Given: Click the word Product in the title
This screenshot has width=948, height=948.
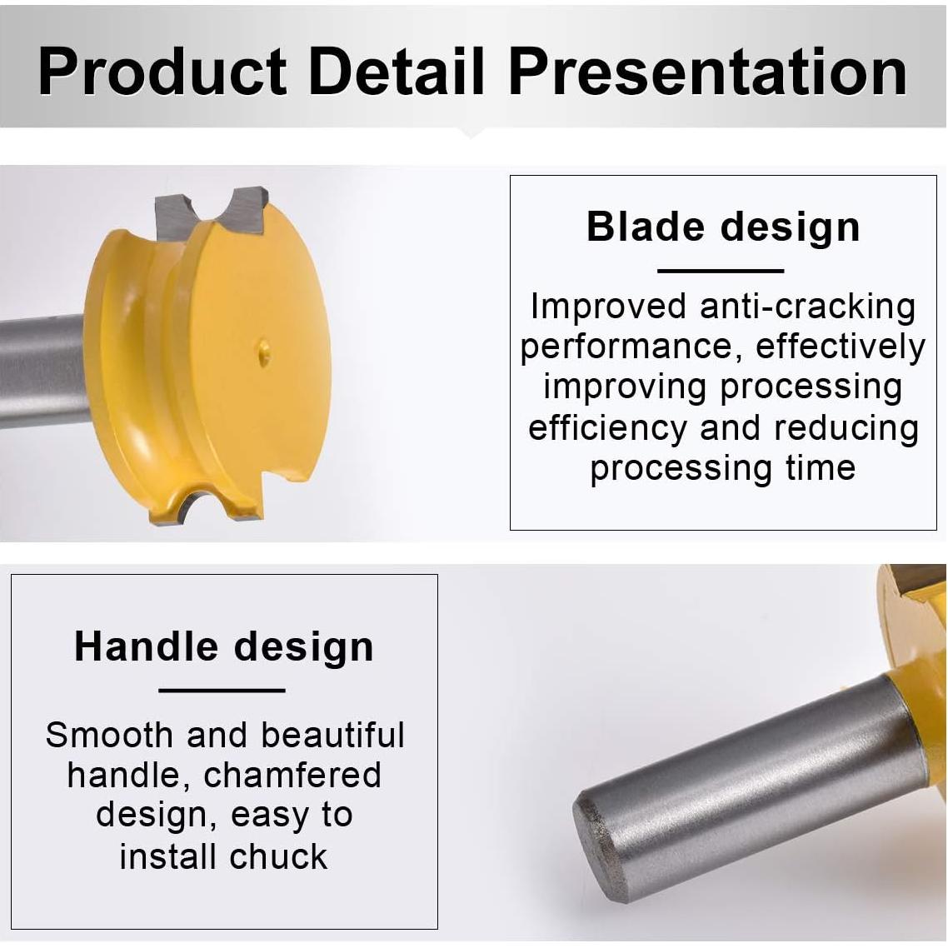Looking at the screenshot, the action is [162, 72].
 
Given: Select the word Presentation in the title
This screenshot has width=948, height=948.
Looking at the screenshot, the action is [707, 72].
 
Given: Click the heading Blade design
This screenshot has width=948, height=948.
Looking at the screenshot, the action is [723, 227].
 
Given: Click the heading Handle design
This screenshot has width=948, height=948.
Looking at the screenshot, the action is [224, 647].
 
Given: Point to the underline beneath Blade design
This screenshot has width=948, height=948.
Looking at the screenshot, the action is [720, 271].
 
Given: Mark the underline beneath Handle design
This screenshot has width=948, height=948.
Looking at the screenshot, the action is [222, 690].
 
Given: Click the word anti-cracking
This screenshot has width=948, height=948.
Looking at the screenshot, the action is [807, 307].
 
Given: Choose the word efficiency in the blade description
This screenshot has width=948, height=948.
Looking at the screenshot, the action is [607, 428].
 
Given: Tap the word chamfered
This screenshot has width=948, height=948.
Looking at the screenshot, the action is [292, 775].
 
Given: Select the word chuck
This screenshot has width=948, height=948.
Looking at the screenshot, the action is [278, 856].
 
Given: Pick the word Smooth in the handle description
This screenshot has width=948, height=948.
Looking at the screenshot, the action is [109, 736].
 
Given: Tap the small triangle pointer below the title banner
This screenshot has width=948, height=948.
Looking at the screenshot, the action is [471, 133].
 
